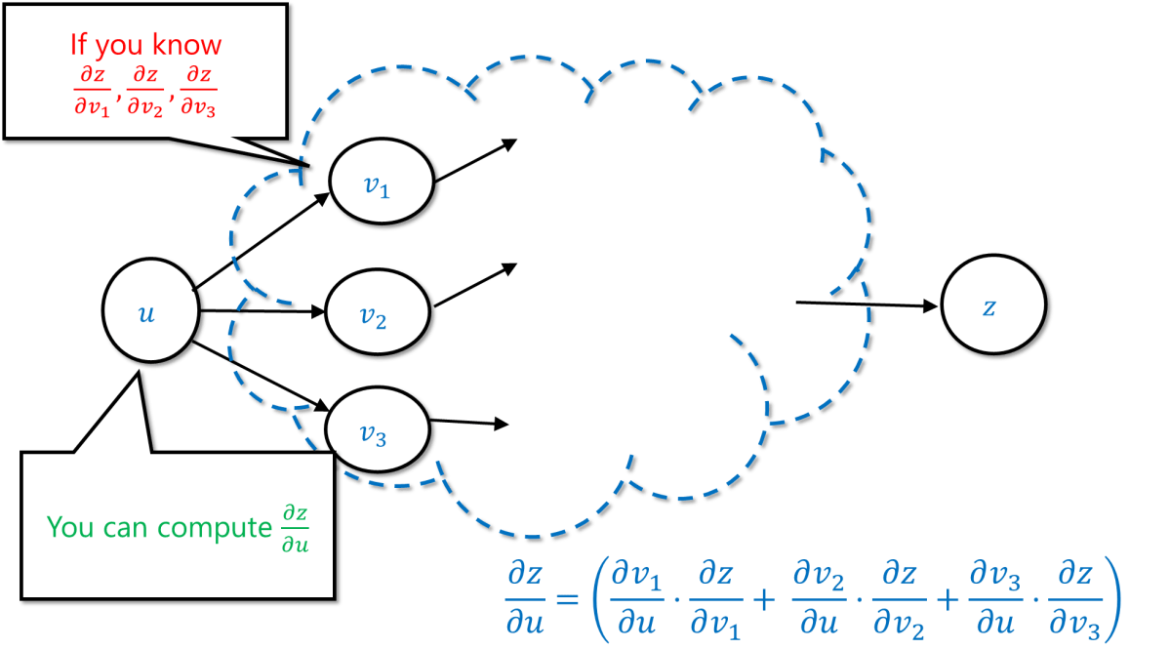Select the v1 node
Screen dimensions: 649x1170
click(379, 185)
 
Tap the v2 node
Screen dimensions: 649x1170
click(375, 316)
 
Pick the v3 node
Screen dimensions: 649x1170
click(376, 434)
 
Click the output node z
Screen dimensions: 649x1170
click(990, 307)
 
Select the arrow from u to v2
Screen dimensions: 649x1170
click(263, 312)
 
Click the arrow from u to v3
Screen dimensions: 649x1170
click(263, 376)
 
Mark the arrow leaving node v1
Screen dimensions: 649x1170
click(478, 161)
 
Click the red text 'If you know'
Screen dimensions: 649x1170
click(145, 45)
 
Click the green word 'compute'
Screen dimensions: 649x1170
click(212, 527)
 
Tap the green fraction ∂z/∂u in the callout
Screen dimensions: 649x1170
click(294, 528)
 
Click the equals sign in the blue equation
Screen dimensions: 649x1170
click(561, 596)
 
